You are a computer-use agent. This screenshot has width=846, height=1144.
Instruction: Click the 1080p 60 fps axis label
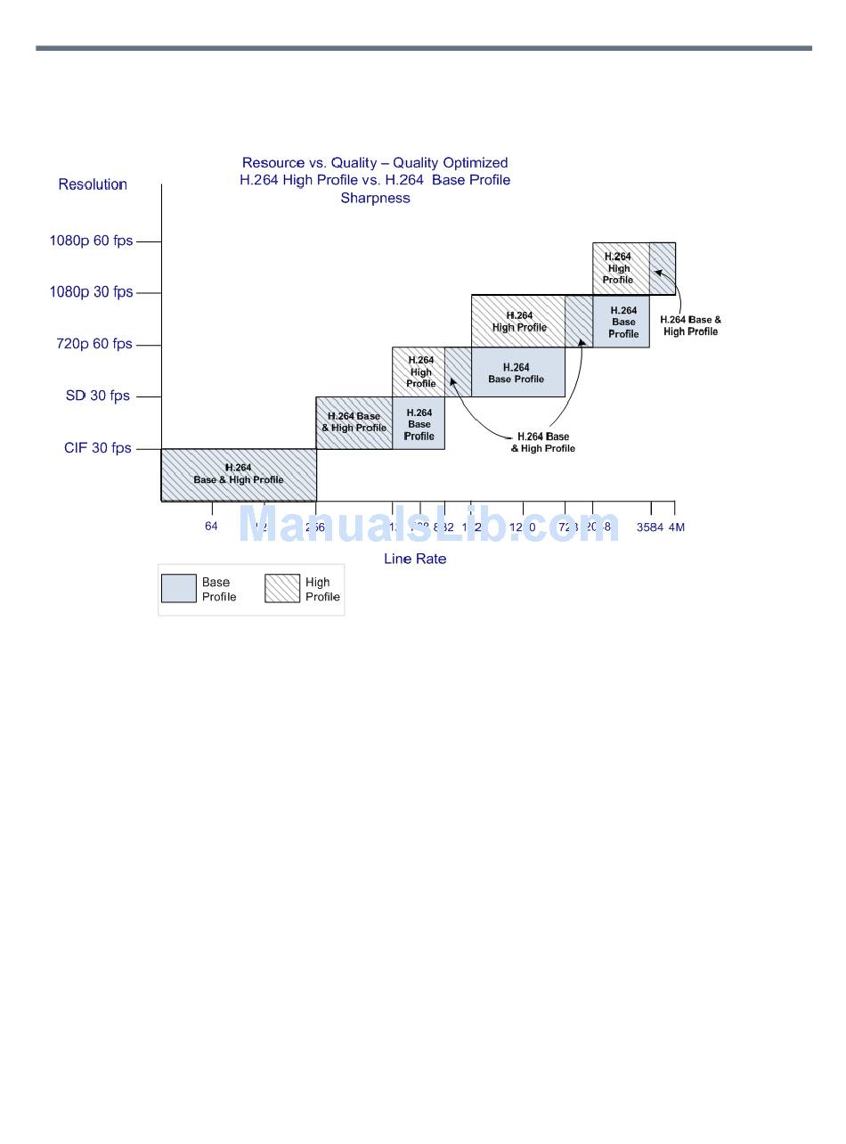click(91, 241)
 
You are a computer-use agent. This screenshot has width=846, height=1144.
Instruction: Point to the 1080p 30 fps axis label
click(91, 292)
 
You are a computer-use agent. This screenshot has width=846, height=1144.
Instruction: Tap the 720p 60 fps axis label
click(94, 344)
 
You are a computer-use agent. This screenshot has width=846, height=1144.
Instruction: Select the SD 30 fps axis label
click(97, 396)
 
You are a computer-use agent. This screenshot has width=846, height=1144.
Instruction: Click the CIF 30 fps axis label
click(97, 448)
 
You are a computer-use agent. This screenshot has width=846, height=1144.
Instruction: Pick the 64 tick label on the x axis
click(211, 527)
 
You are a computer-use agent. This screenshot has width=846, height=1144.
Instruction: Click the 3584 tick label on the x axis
click(649, 527)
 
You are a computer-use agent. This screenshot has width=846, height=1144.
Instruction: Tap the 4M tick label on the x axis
click(677, 527)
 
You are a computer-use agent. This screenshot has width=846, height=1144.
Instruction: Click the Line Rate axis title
click(415, 559)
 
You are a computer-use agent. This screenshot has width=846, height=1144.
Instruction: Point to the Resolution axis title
click(93, 184)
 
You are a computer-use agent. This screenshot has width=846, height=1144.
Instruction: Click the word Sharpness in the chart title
click(375, 198)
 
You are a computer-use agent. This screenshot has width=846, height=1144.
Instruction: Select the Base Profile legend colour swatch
click(179, 589)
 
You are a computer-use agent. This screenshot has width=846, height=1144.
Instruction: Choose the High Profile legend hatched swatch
click(282, 589)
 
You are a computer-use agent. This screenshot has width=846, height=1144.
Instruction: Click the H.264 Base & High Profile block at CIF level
click(239, 475)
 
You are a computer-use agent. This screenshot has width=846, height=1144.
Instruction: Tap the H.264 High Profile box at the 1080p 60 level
click(619, 268)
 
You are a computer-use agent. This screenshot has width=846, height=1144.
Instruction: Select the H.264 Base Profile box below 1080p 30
click(622, 322)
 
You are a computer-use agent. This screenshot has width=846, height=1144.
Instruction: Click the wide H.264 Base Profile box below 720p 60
click(517, 372)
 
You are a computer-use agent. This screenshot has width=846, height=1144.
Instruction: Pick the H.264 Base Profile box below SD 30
click(419, 424)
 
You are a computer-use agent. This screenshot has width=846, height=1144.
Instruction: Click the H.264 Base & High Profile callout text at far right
click(690, 325)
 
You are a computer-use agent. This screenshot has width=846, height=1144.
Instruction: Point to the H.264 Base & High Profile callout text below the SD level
click(542, 442)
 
